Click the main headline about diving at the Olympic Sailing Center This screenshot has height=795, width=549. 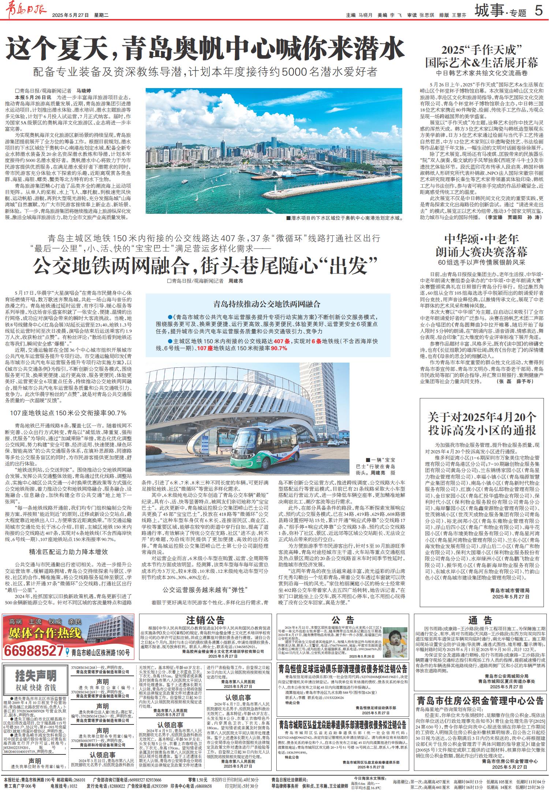coord(205,50)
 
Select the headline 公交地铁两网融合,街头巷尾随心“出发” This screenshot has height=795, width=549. coord(205,266)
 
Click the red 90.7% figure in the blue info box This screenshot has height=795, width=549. coord(279,349)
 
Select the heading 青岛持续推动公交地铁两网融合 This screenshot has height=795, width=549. coord(267,304)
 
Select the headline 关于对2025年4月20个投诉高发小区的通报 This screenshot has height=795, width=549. coord(482,423)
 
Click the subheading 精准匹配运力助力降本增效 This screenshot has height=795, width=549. coord(68,552)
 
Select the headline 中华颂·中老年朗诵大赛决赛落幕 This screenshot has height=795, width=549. coord(482,246)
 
